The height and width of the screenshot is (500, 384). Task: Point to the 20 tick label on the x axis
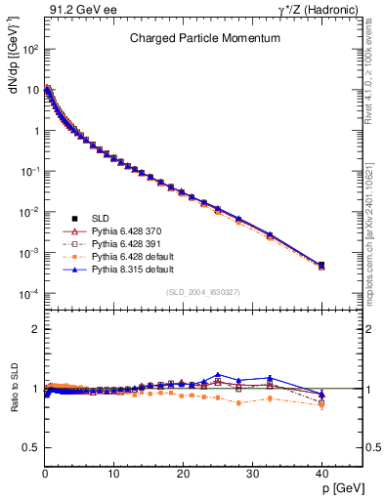tap(183, 474)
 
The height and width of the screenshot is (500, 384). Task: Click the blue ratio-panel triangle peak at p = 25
tap(218, 374)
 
